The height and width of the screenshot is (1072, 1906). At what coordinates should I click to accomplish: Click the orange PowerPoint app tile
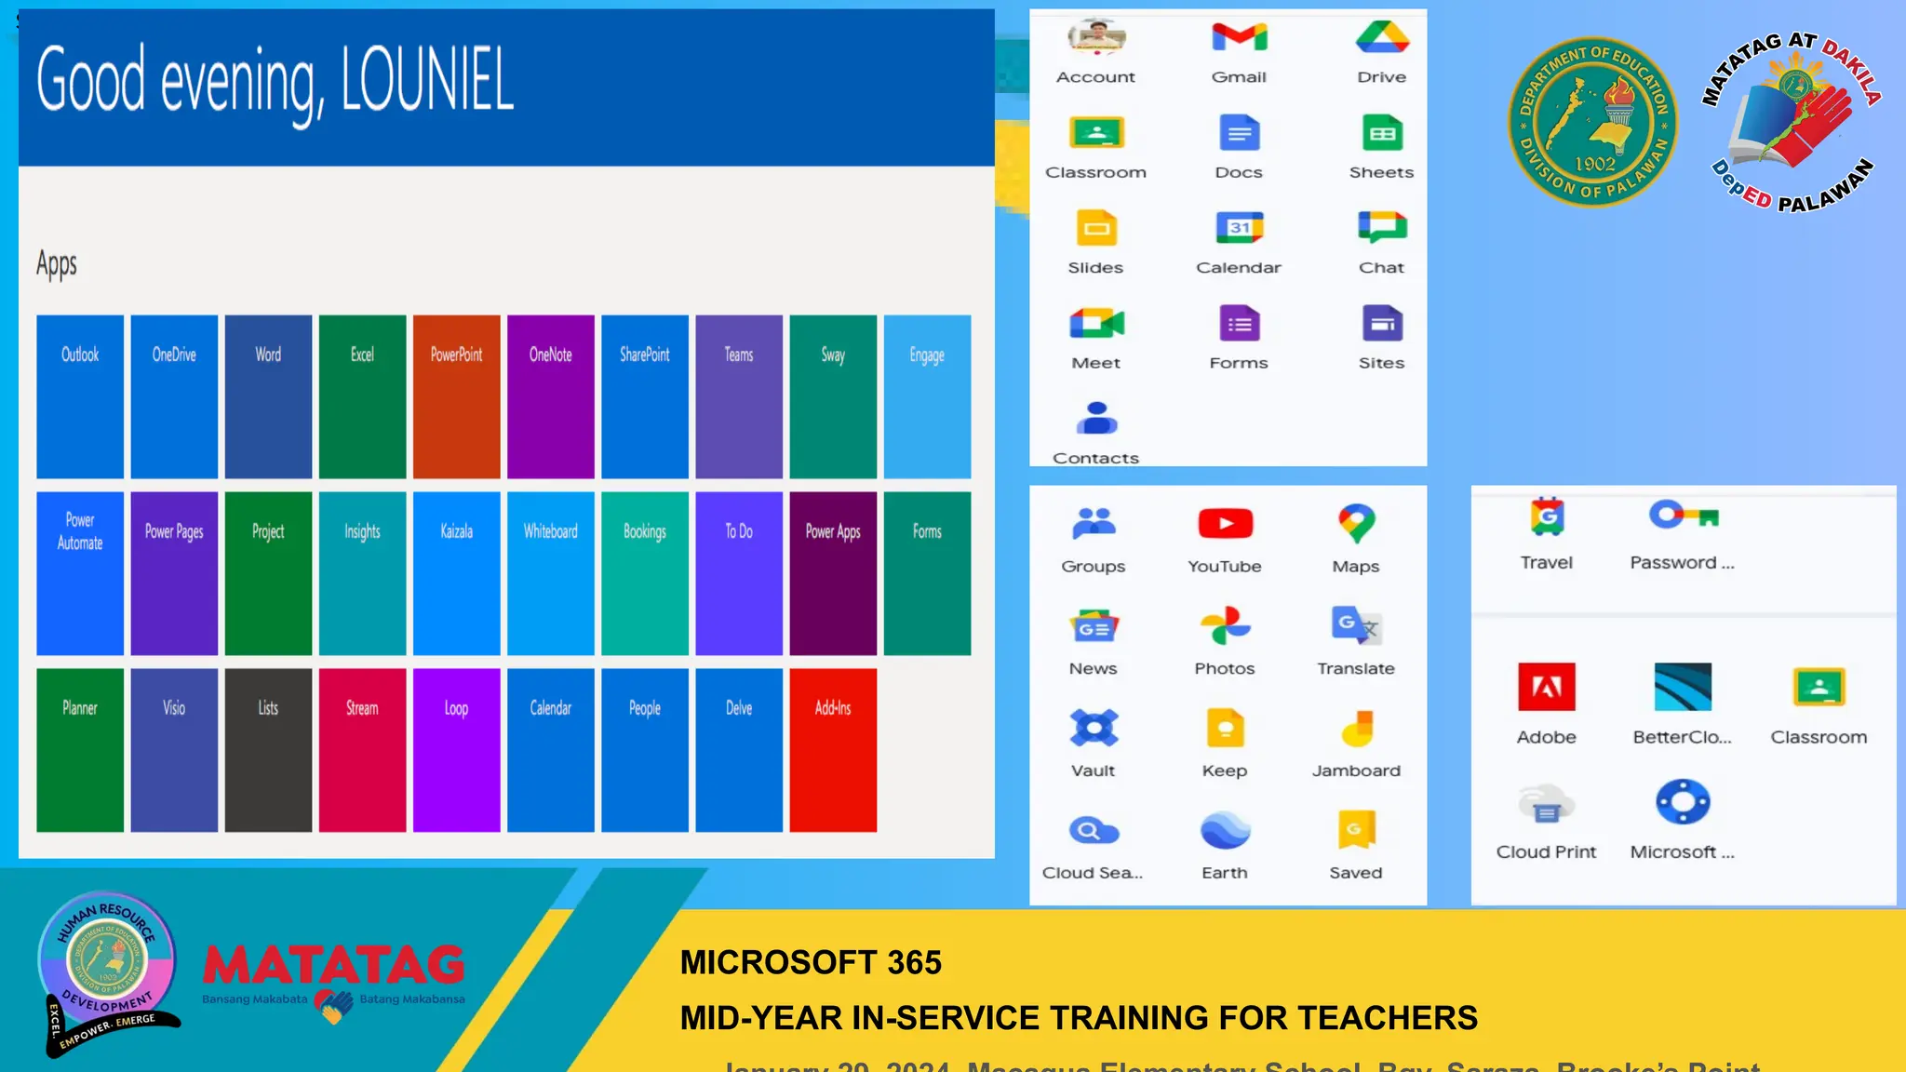click(x=456, y=396)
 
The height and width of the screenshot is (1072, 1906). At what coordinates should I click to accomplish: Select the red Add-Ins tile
click(x=833, y=750)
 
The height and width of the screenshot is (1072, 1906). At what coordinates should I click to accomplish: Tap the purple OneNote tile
click(x=550, y=396)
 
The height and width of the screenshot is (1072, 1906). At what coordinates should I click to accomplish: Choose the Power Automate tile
click(x=80, y=573)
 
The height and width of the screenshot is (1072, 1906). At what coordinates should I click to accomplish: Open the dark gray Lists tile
click(x=268, y=750)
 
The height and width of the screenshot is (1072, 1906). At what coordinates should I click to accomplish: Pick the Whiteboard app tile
click(x=550, y=573)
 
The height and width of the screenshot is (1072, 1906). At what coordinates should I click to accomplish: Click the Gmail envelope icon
click(x=1239, y=37)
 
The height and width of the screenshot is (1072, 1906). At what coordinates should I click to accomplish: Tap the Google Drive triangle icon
click(x=1382, y=37)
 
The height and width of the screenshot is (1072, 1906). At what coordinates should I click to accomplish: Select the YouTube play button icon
click(x=1225, y=524)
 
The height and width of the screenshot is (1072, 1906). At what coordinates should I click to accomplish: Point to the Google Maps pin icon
click(x=1356, y=524)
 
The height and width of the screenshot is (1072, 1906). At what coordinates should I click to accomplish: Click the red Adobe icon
click(x=1546, y=687)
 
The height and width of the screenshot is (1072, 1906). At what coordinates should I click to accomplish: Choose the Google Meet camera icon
click(x=1096, y=324)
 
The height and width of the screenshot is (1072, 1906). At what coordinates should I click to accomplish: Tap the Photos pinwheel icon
click(x=1225, y=626)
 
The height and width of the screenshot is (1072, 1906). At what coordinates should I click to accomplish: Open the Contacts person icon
click(x=1096, y=419)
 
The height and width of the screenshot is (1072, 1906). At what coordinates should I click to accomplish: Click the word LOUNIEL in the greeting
click(x=427, y=82)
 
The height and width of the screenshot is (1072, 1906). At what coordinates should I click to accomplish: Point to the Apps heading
click(x=57, y=265)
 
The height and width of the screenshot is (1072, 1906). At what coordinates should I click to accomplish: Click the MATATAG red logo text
click(x=333, y=965)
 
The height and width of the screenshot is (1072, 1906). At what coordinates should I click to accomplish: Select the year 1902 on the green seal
click(x=1594, y=164)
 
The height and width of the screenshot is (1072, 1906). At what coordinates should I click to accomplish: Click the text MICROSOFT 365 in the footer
click(x=811, y=962)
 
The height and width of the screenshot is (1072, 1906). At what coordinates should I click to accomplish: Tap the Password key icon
click(x=1683, y=515)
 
